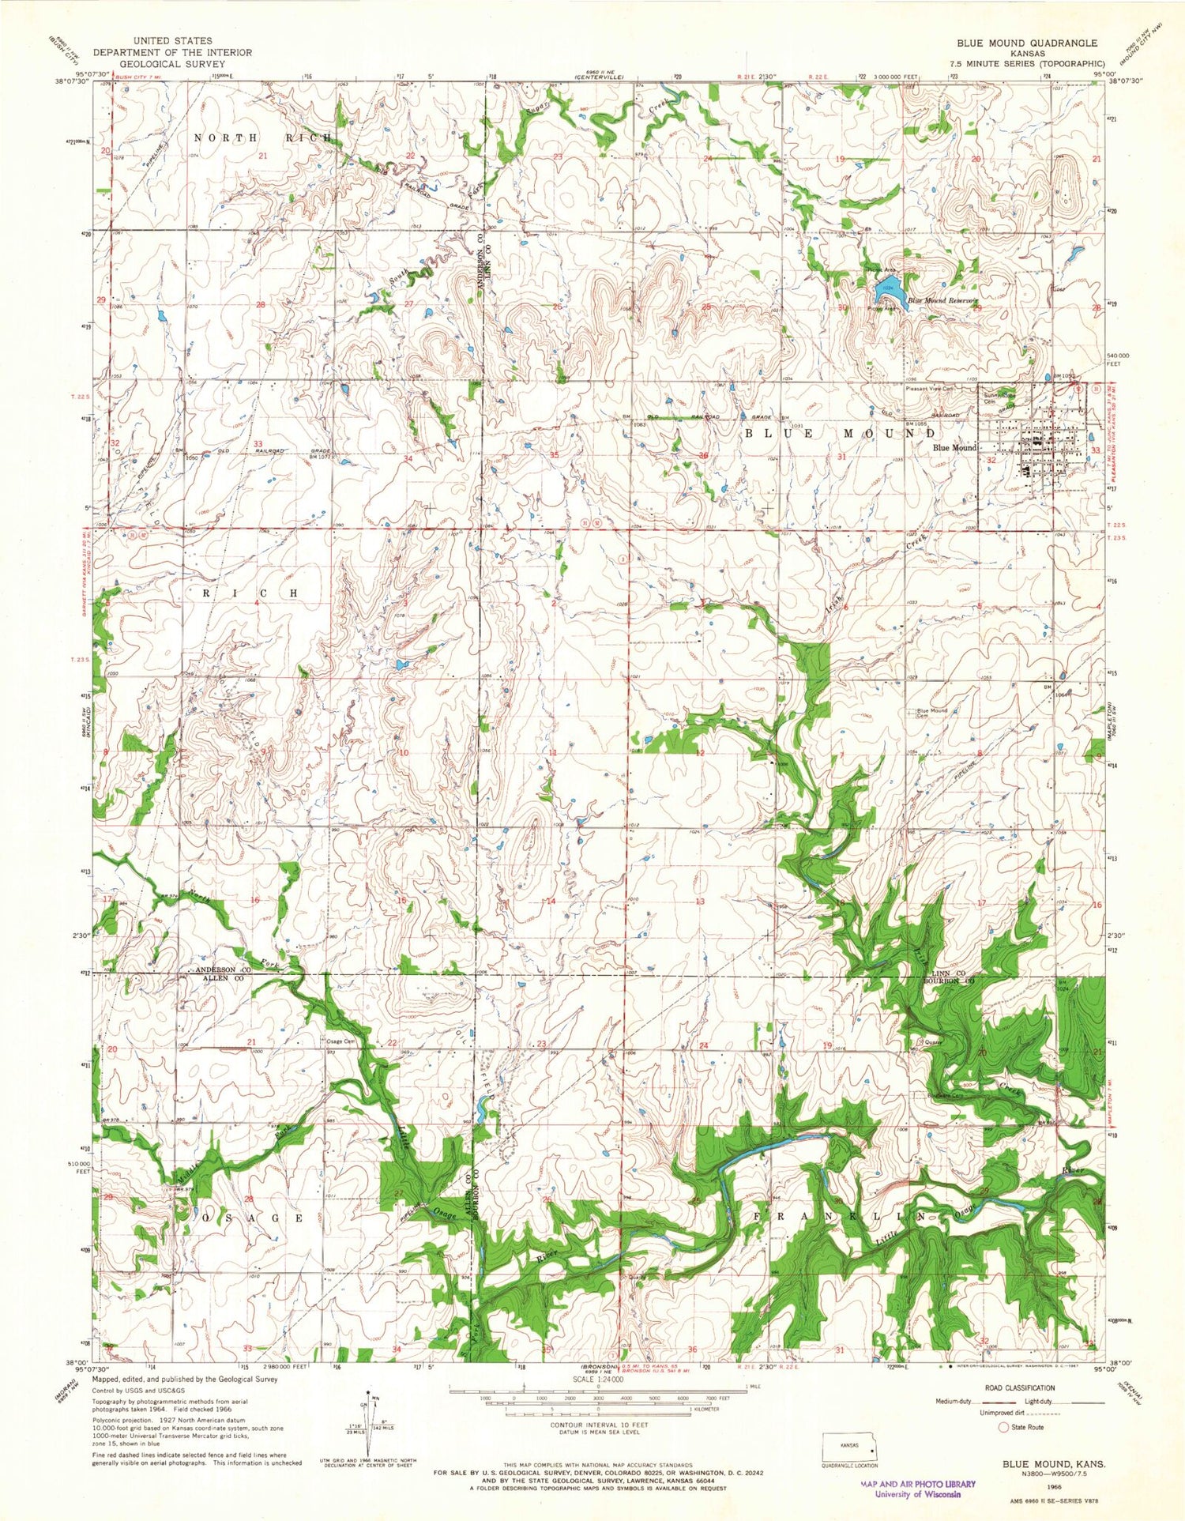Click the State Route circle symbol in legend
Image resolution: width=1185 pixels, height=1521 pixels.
click(1004, 1427)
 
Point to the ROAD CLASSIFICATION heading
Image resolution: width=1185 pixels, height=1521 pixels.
click(1019, 1387)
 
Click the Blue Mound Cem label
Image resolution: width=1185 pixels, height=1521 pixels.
click(931, 713)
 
